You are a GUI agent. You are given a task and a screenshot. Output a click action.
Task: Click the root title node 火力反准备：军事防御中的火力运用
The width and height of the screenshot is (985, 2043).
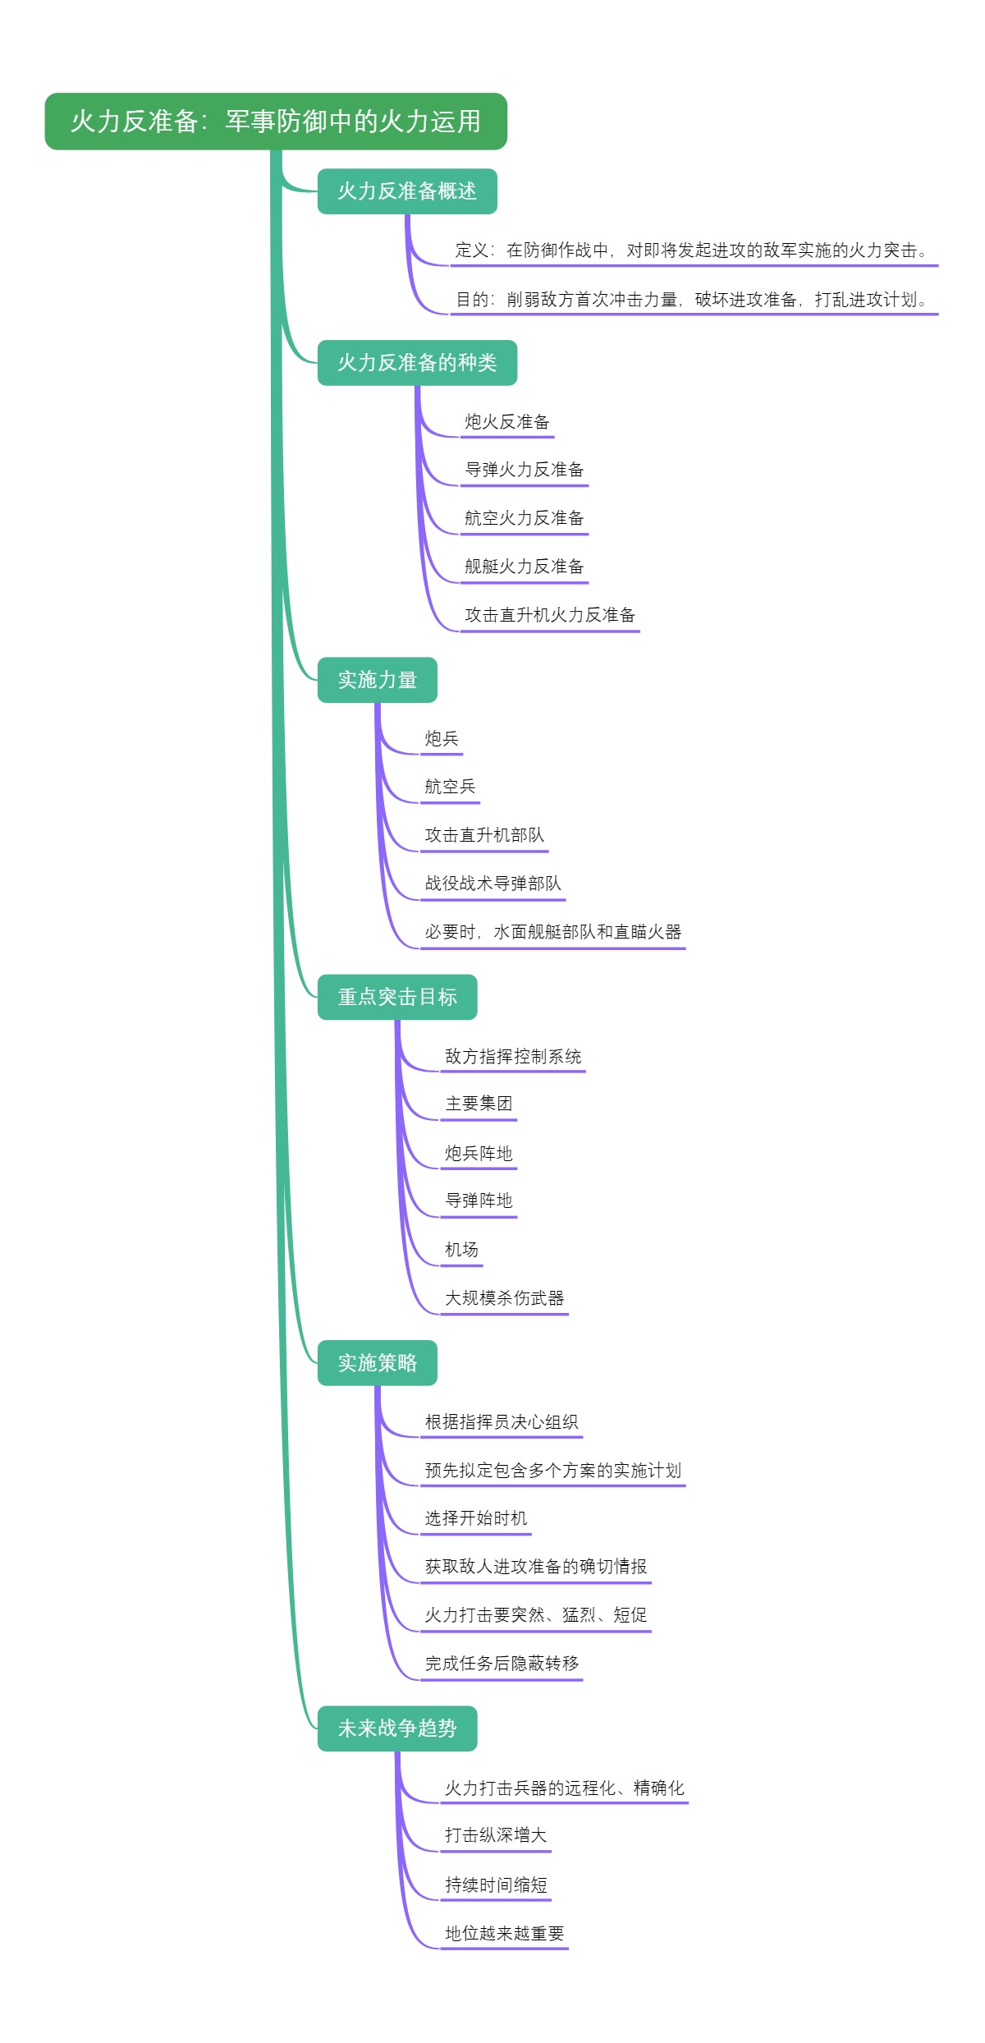pyautogui.click(x=276, y=122)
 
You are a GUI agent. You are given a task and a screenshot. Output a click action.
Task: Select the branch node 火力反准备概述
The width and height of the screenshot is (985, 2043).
pyautogui.click(x=407, y=191)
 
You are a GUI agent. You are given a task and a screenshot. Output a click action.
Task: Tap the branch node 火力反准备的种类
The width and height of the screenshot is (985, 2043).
pyautogui.click(x=417, y=363)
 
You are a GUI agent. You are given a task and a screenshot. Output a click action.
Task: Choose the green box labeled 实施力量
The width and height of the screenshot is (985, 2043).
pyautogui.click(x=377, y=680)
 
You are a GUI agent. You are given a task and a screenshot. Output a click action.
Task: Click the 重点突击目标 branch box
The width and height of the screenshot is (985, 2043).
pyautogui.click(x=397, y=997)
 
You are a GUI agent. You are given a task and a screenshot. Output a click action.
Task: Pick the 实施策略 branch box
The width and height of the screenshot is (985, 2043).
pyautogui.click(x=377, y=1363)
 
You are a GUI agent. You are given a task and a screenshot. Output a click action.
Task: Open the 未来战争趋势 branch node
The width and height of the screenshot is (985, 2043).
pyautogui.click(x=397, y=1729)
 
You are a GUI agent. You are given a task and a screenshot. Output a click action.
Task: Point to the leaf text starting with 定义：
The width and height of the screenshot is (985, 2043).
pyautogui.click(x=691, y=250)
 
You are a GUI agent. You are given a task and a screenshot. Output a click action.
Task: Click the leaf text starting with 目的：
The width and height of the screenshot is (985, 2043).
pyautogui.click(x=691, y=300)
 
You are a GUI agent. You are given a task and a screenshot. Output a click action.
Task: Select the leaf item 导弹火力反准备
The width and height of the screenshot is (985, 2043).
pyautogui.click(x=524, y=470)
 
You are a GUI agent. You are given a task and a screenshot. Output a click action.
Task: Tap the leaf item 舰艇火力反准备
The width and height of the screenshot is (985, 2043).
pyautogui.click(x=524, y=567)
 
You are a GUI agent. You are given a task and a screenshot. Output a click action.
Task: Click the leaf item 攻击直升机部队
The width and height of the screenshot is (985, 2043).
pyautogui.click(x=484, y=835)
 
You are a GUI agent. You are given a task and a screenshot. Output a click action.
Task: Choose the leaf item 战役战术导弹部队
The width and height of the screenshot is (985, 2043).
pyautogui.click(x=492, y=884)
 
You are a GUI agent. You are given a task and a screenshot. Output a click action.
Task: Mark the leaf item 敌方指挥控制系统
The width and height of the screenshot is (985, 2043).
pyautogui.click(x=513, y=1057)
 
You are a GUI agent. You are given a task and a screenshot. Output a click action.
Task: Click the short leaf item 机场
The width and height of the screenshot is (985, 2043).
pyautogui.click(x=461, y=1250)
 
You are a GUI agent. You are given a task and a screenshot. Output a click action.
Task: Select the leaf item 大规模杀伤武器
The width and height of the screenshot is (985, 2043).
pyautogui.click(x=504, y=1298)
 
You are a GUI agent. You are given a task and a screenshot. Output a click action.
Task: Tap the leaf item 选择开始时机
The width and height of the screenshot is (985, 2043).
pyautogui.click(x=476, y=1518)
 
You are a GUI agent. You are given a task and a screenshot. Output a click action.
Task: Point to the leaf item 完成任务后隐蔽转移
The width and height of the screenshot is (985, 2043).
pyautogui.click(x=502, y=1664)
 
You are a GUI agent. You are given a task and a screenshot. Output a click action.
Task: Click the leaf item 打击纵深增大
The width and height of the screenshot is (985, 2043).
pyautogui.click(x=496, y=1835)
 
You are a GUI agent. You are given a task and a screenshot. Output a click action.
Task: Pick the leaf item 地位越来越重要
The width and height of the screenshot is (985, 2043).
pyautogui.click(x=504, y=1933)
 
